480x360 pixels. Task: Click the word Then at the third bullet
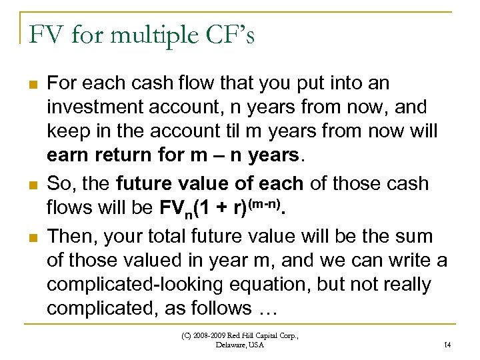tap(69, 235)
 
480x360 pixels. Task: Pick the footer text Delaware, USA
tap(240, 345)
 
